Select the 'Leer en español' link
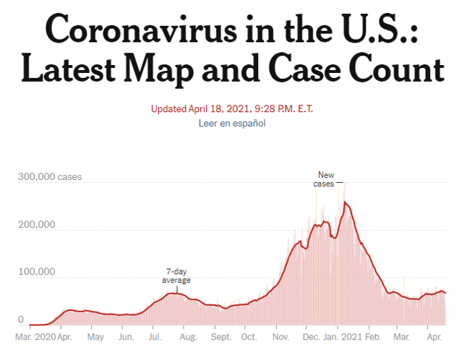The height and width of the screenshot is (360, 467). pos(232,123)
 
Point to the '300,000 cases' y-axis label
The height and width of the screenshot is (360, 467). pos(50,177)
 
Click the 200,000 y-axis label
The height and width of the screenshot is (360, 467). pos(37,225)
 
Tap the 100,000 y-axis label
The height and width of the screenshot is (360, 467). pos(37,273)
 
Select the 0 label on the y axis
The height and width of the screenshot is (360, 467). pos(21,320)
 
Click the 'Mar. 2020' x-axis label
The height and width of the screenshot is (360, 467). pos(35,337)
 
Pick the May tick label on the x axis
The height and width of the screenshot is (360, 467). pos(95,337)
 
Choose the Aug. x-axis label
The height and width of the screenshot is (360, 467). pos(187,337)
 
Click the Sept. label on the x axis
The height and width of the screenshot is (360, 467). pos(221,337)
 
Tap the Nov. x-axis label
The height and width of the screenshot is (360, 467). pos(280,337)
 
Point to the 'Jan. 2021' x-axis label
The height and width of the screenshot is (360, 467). pos(341,337)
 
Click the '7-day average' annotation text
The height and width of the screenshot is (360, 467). pos(176,276)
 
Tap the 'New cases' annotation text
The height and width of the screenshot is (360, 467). pos(325,179)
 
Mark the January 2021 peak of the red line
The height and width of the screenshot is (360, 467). pos(346,203)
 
